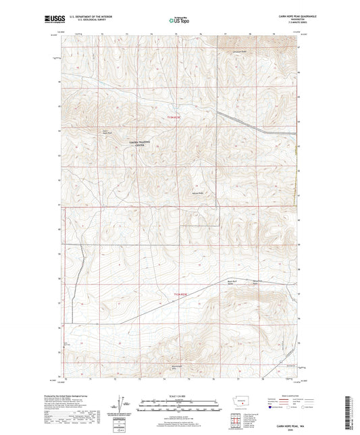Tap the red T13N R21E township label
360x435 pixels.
174,117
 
